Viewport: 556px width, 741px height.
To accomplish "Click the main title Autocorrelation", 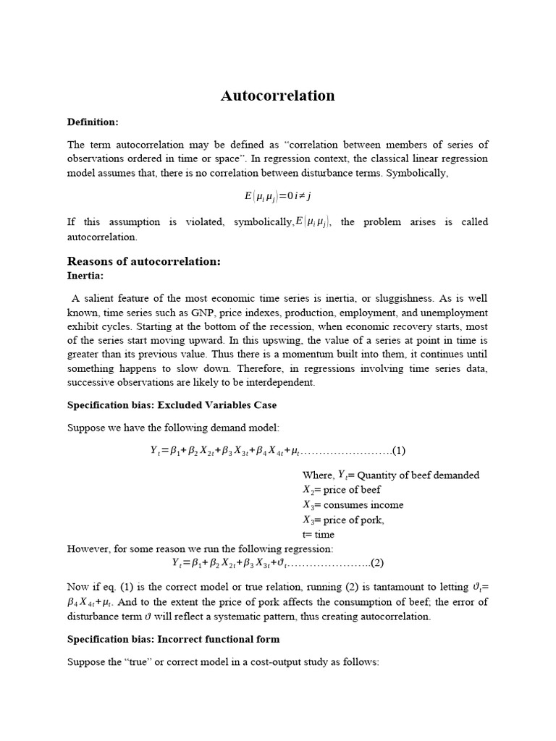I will click(277, 96).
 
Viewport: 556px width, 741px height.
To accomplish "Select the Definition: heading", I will click(92, 122).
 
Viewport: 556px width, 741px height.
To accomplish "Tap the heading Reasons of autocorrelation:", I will click(143, 261).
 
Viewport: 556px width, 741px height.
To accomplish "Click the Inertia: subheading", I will click(85, 276).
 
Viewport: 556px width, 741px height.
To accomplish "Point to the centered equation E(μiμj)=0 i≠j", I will click(277, 195).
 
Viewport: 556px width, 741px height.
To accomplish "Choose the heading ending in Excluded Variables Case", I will click(172, 405).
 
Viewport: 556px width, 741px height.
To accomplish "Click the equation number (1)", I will click(398, 451).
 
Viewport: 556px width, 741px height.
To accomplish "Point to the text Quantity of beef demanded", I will click(418, 475).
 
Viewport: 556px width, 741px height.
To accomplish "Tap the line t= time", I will click(319, 535).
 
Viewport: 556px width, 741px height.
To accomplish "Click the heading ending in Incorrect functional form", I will click(173, 639).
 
